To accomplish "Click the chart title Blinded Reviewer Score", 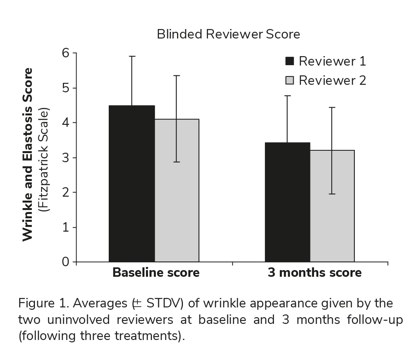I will (228, 35).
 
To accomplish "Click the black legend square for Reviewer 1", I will (290, 61).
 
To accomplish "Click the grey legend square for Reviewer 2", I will (290, 80).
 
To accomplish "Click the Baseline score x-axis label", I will (156, 272).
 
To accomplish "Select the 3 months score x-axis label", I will (314, 272).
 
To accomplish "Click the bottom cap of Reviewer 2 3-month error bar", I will (332, 194).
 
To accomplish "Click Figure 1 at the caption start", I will (40, 303).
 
